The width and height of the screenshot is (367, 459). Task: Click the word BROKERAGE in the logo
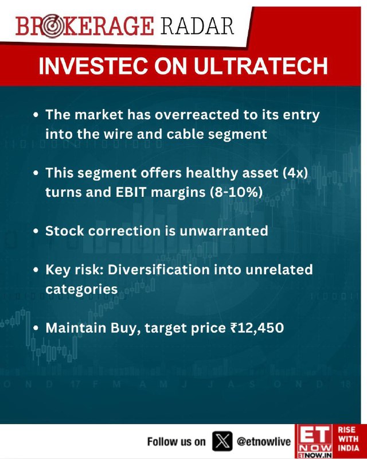(84, 26)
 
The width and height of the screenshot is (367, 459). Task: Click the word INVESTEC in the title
(93, 66)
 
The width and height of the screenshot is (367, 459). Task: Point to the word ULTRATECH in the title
(260, 66)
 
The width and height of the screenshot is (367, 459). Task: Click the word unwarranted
(224, 231)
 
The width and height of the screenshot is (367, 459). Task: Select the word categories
(81, 290)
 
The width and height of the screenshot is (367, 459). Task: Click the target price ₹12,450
(257, 328)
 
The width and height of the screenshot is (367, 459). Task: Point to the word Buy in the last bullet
(123, 328)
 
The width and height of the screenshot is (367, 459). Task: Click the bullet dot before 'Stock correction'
(36, 231)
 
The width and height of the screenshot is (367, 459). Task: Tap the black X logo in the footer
(222, 441)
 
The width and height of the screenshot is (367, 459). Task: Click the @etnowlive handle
(263, 441)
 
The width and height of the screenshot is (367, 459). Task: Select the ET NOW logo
(314, 441)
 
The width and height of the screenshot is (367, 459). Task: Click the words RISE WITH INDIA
(348, 438)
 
